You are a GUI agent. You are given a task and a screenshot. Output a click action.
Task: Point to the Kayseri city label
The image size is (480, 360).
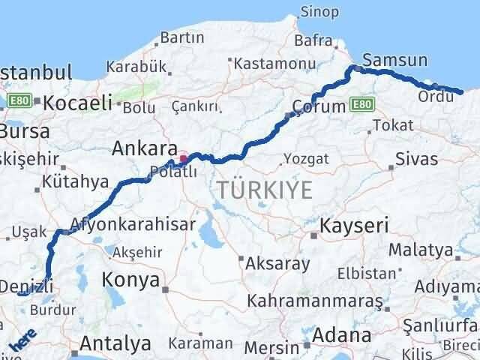tap(353, 224)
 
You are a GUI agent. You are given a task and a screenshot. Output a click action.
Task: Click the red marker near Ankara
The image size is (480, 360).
tap(184, 159)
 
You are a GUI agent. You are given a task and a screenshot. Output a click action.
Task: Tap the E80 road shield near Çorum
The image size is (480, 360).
tap(361, 104)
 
